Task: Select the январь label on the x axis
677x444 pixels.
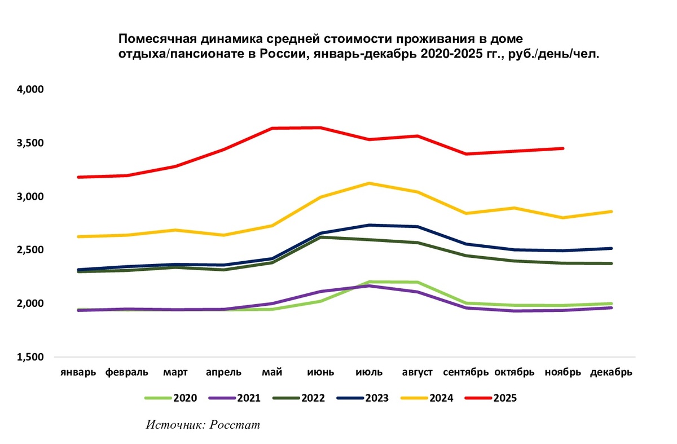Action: (x=78, y=372)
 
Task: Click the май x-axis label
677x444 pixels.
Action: (x=272, y=372)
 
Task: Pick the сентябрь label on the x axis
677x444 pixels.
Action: (x=466, y=372)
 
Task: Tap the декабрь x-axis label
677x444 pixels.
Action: (x=612, y=372)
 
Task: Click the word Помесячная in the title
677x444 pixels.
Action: (x=154, y=39)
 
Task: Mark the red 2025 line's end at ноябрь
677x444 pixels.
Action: (x=563, y=148)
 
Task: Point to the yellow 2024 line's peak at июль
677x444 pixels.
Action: (x=370, y=183)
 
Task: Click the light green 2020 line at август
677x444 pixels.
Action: (x=418, y=282)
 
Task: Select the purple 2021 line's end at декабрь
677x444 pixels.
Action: (x=612, y=307)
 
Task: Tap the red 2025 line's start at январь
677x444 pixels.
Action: (x=78, y=177)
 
